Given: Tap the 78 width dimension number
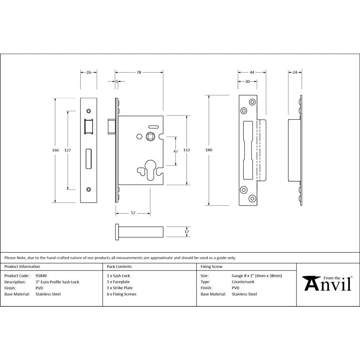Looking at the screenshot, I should pyautogui.click(x=139, y=72).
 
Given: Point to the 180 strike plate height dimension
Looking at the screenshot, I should pyautogui.click(x=208, y=150).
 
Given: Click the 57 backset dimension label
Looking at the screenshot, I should pyautogui.click(x=133, y=213).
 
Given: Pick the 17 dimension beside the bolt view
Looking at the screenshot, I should pyautogui.click(x=186, y=232).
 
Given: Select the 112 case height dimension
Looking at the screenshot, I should pyautogui.click(x=187, y=150).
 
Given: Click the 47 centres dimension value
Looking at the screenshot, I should pyautogui.click(x=176, y=152).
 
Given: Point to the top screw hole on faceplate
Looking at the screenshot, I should pyautogui.click(x=89, y=111).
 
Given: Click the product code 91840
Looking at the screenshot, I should pyautogui.click(x=41, y=276).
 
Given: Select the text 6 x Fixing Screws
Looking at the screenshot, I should pyautogui.click(x=122, y=294).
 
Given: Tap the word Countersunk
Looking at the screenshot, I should pyautogui.click(x=243, y=282).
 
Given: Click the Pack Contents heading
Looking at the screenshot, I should pyautogui.click(x=119, y=267).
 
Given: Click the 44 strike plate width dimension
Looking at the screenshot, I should pyautogui.click(x=252, y=72).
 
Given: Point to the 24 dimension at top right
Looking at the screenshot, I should pyautogui.click(x=295, y=72).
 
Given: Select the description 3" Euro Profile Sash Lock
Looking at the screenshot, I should pyautogui.click(x=57, y=282).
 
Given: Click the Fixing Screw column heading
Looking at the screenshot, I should pyautogui.click(x=211, y=267).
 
